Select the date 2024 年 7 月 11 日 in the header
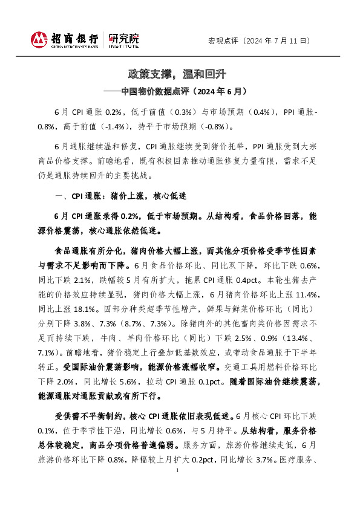pyautogui.click(x=280, y=41)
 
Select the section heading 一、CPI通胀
pyautogui.click(x=73, y=196)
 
